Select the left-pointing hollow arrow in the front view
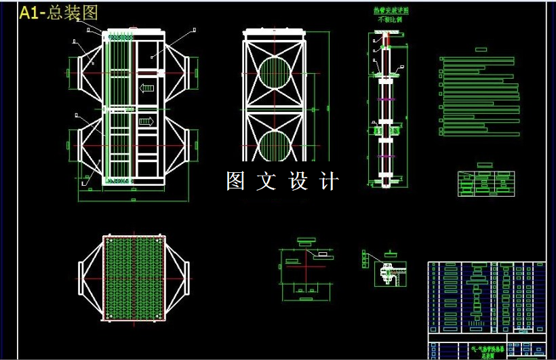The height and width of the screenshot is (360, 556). point(146,87)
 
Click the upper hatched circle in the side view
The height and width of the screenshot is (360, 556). point(274,73)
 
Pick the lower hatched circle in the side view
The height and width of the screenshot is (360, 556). point(274,146)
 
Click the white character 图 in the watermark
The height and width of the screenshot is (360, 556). point(235,181)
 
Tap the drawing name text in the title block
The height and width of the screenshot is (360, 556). point(482,351)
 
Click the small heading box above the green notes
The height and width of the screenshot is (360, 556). point(481,49)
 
